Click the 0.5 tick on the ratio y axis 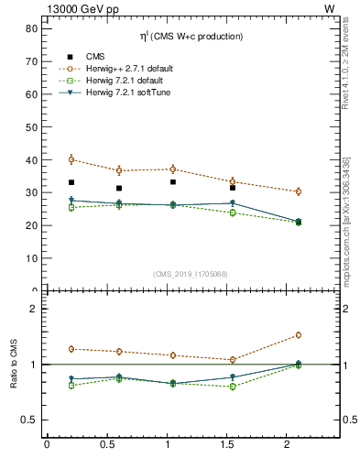28,420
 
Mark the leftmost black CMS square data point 71,182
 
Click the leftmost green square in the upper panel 71,207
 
